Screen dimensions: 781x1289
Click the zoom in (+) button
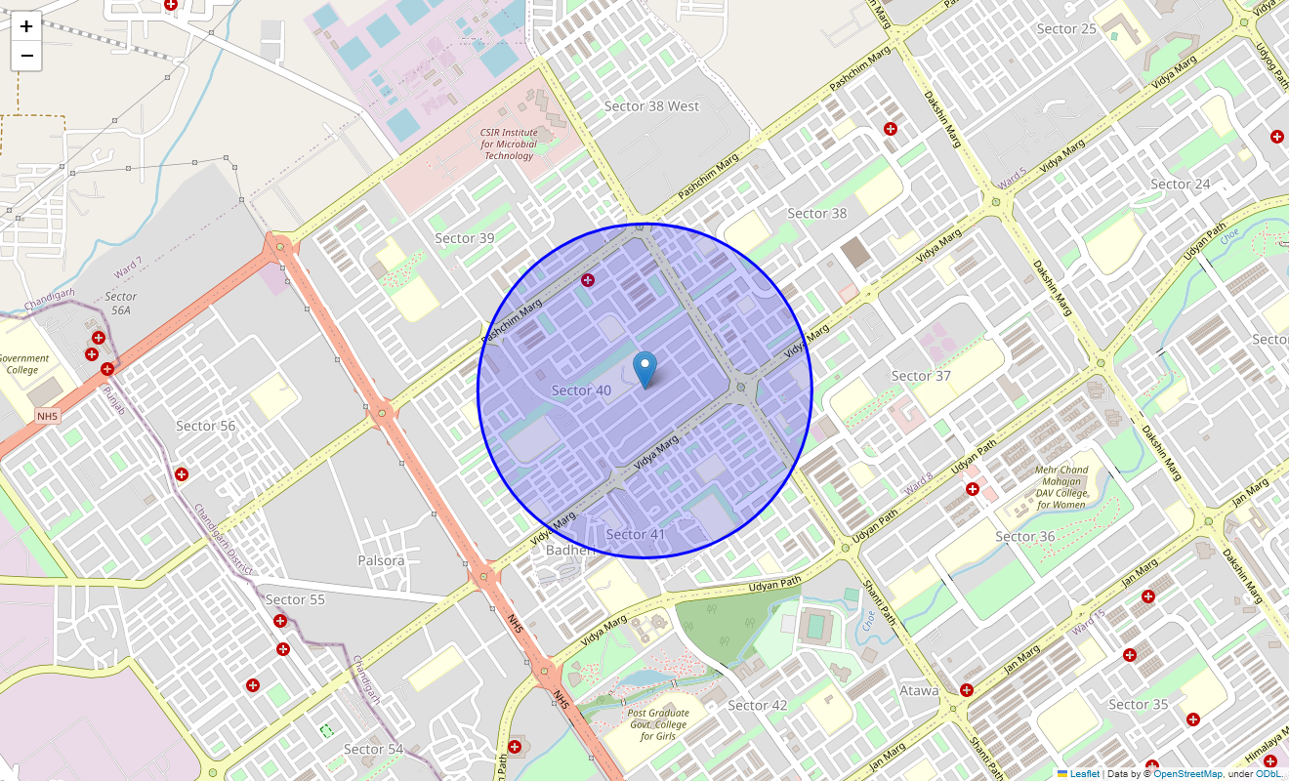coord(26,26)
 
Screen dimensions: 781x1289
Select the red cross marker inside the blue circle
coord(588,280)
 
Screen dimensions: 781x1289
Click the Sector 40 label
coord(581,390)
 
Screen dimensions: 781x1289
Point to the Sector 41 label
coord(635,534)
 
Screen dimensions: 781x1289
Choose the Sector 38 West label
coord(651,105)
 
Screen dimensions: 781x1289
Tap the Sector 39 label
coord(464,238)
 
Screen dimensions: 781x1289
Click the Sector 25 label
coord(1066,28)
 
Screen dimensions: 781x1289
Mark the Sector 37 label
coord(920,376)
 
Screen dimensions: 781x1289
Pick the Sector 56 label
coord(205,426)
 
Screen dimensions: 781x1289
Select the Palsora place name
coord(381,560)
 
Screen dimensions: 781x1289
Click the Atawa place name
coord(919,690)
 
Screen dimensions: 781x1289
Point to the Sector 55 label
coord(295,599)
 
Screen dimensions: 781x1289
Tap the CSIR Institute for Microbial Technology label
coord(509,144)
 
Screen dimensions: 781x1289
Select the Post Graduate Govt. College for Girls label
coord(658,723)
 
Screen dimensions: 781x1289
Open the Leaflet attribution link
coord(1084,773)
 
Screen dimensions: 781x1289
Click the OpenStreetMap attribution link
coord(1187,773)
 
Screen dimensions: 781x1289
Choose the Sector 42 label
coord(757,705)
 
